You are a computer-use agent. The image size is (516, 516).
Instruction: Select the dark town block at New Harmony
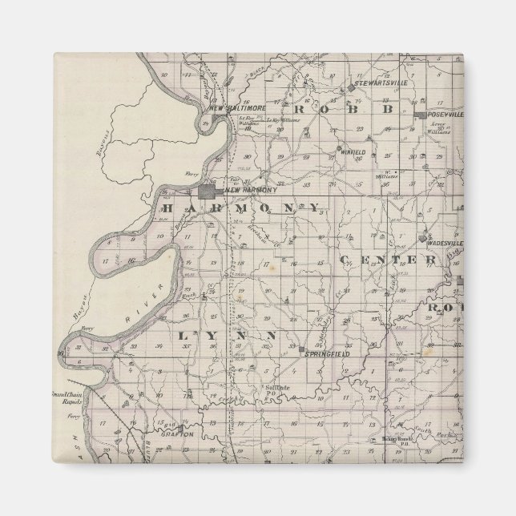pyautogui.click(x=210, y=192)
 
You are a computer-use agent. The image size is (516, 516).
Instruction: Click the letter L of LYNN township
pyautogui.click(x=183, y=333)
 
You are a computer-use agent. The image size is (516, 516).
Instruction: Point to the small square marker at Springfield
pyautogui.click(x=303, y=352)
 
